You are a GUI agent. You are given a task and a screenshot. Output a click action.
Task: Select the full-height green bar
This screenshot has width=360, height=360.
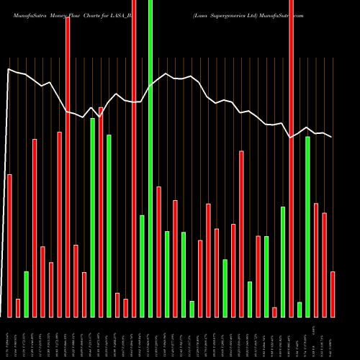tap(150, 158)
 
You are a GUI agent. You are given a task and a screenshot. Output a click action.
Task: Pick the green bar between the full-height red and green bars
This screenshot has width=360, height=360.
tap(143, 266)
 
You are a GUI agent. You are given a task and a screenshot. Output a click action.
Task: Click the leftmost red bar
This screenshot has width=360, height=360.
tap(10, 245)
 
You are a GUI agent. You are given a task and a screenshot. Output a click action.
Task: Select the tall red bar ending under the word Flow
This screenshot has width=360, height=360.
tap(68, 166)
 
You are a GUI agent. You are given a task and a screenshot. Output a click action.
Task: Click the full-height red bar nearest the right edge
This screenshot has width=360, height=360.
tap(292, 158)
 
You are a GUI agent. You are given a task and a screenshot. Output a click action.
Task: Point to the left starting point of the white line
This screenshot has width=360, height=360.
tap(9, 70)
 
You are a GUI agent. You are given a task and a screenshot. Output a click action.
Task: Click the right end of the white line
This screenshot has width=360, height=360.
tap(332, 137)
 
